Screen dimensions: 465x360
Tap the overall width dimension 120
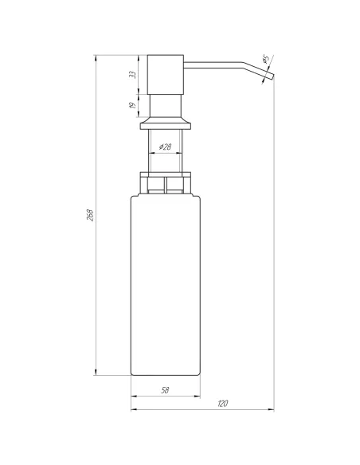[223, 405]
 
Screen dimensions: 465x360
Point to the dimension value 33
[133, 74]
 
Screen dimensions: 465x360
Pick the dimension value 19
[133, 103]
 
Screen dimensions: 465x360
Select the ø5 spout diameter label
[264, 60]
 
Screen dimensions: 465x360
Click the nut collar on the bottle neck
[166, 184]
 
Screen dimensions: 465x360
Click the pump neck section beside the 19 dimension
[166, 104]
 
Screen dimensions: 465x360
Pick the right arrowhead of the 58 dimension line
[197, 396]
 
